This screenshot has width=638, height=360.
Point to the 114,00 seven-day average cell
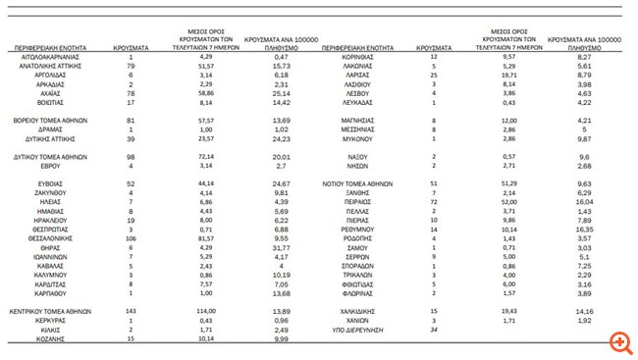(207, 309)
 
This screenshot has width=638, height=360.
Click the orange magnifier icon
(618, 341)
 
